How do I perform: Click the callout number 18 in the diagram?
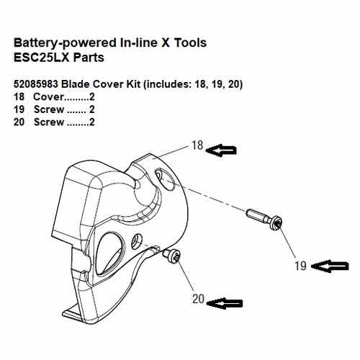coord(197,145)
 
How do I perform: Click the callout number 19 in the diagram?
coord(300,266)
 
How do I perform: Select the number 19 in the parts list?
coord(20,109)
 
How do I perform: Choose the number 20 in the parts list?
coord(20,122)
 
